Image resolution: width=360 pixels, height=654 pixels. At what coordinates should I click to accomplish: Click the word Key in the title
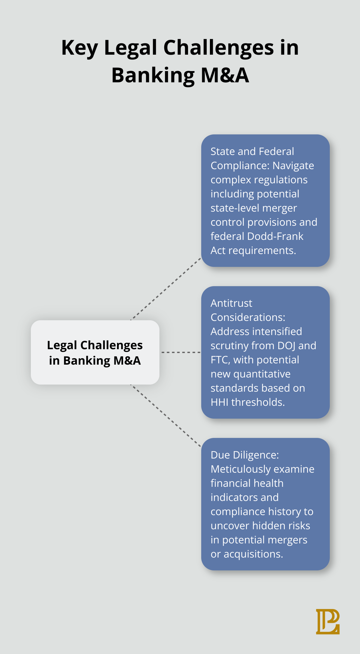79,48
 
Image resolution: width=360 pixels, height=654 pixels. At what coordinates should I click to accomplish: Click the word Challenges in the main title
219,48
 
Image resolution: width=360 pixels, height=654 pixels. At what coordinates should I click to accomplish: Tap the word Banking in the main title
153,75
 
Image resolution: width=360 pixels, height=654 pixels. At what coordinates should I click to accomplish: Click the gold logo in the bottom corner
328,622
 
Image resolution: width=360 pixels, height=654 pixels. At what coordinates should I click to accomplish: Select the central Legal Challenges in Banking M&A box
95,352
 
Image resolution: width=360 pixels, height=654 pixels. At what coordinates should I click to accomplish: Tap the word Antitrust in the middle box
231,303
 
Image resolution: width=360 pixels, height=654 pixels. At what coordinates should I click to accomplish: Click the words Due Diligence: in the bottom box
245,455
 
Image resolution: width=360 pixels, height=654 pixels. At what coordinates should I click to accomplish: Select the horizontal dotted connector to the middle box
181,352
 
